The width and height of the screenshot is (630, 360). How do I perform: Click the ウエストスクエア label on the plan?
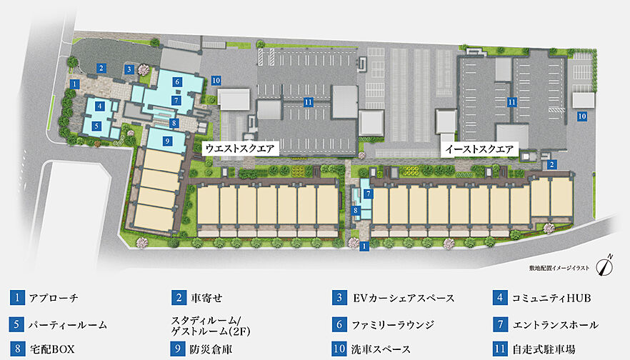point(239,148)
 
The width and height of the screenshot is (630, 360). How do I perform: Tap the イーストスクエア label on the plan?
point(478,149)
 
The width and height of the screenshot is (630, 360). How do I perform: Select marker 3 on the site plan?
point(128,69)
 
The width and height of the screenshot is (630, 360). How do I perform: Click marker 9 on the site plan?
point(166,141)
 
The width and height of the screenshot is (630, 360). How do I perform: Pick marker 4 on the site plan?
point(100,106)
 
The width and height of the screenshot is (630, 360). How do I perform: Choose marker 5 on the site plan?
point(96,125)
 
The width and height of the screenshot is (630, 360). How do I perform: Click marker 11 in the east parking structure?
point(512,102)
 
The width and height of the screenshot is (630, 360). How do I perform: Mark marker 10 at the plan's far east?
point(582,115)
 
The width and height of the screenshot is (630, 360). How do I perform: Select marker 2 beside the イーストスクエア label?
point(551,164)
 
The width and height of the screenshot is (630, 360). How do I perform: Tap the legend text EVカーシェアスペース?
point(404,298)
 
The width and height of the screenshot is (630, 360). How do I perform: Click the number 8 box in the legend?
point(15,349)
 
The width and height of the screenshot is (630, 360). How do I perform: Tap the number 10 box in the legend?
point(338,349)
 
